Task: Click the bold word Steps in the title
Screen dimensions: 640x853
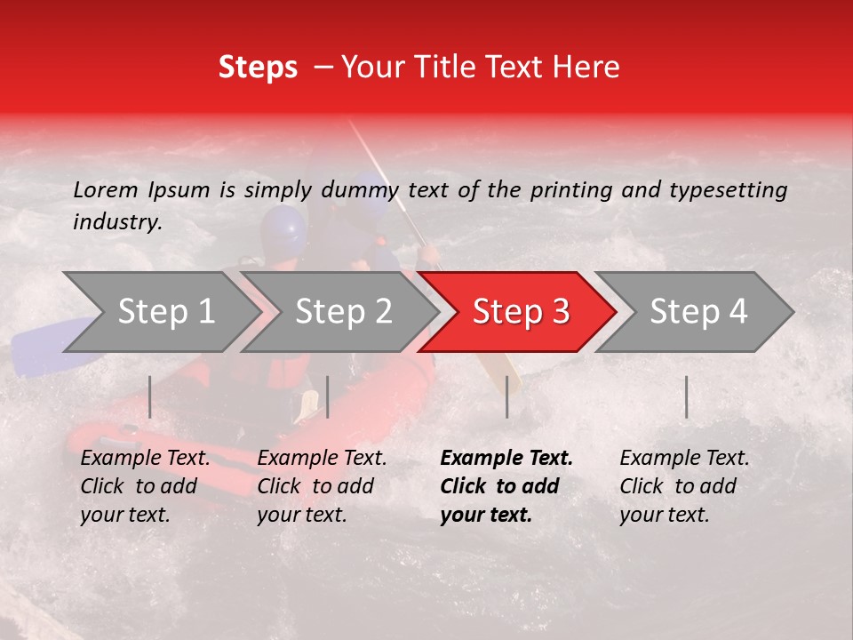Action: [x=258, y=68]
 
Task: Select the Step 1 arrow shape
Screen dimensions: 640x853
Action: [x=160, y=312]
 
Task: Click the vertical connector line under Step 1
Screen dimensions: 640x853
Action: [x=150, y=396]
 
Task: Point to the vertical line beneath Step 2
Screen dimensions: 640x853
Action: [x=328, y=396]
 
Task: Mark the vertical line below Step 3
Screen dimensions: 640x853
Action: [x=506, y=396]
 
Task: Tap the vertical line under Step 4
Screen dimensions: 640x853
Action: [x=686, y=396]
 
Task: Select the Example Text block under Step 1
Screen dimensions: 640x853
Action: [x=145, y=486]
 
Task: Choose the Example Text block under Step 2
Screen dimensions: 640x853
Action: [x=322, y=486]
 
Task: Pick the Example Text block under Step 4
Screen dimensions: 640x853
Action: [x=684, y=486]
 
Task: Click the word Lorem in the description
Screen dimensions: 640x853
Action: [x=106, y=189]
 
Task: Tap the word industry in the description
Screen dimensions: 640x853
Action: [x=116, y=222]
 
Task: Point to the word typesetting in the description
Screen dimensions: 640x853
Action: [x=728, y=190]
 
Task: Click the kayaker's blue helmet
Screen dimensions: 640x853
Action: [x=283, y=227]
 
